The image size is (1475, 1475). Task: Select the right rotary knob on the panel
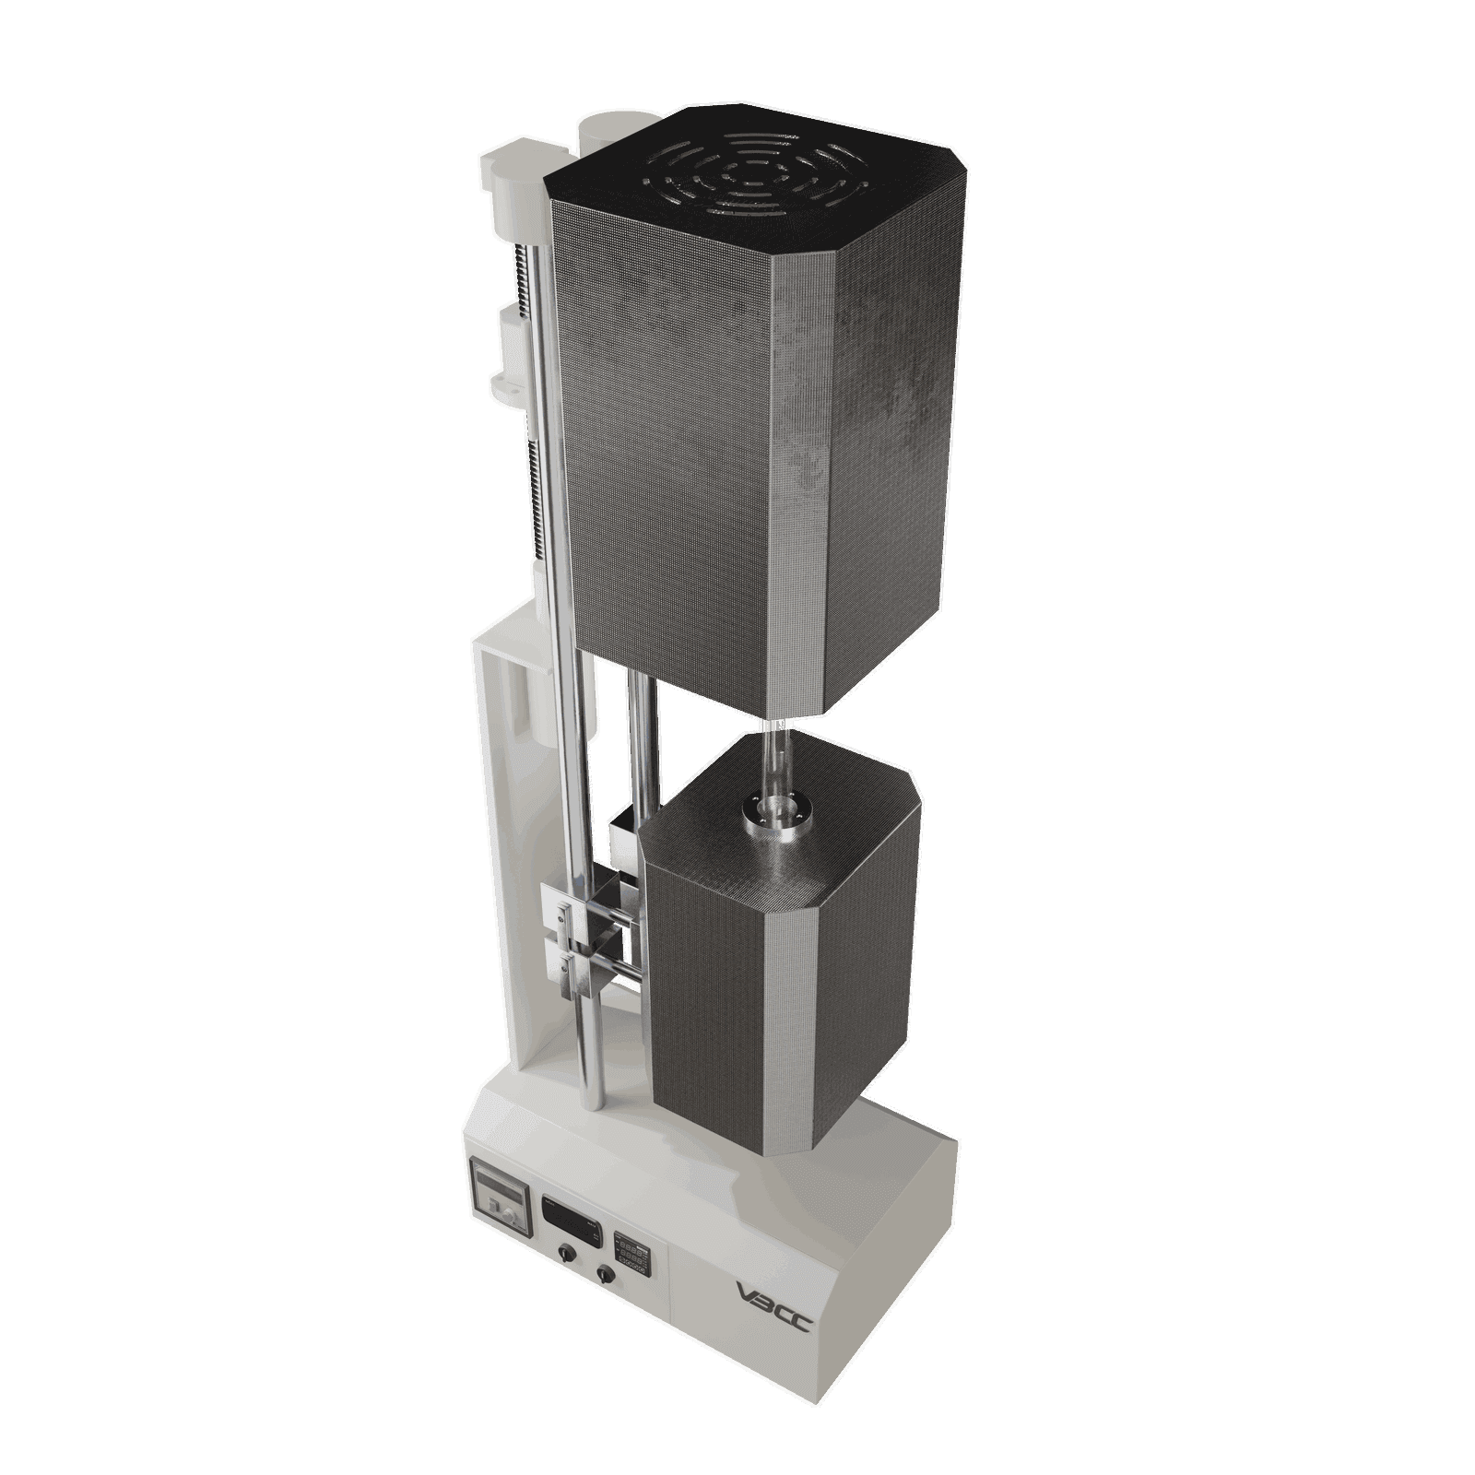coord(605,1273)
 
